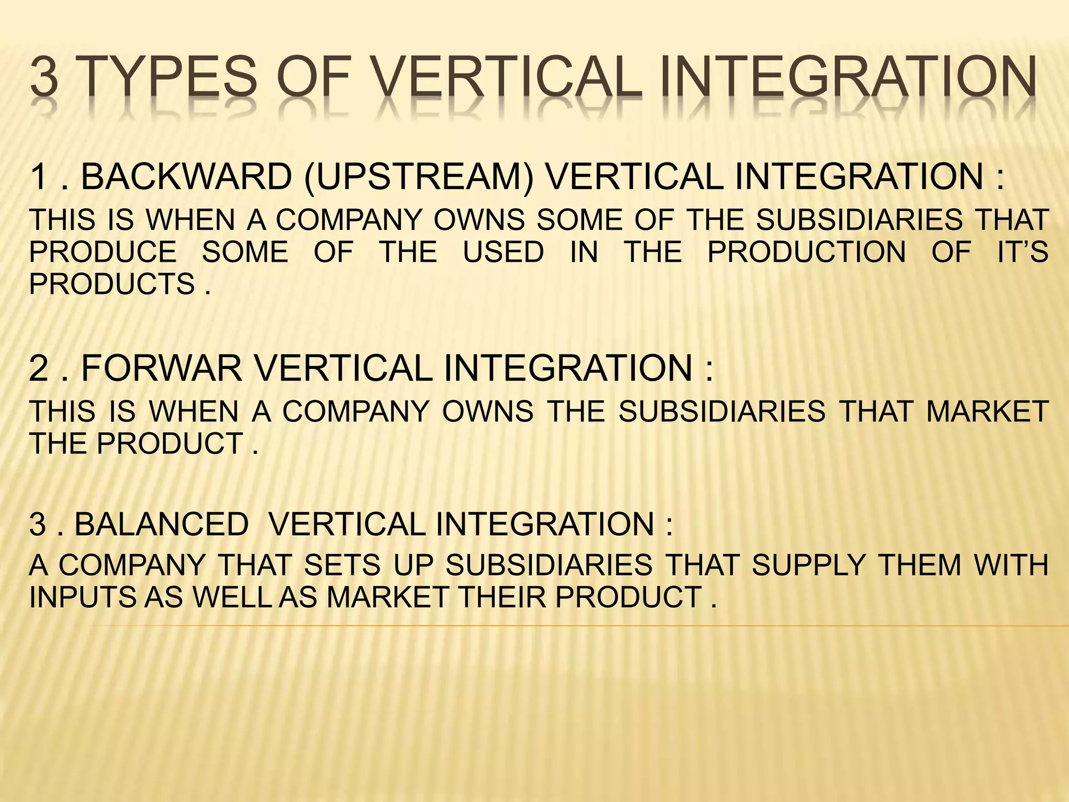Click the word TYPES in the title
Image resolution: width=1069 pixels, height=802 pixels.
[169, 78]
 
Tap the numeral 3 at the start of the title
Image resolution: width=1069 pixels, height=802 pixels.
[44, 78]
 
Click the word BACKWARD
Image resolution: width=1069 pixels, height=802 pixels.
[186, 176]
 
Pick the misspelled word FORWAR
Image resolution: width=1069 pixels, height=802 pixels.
[162, 368]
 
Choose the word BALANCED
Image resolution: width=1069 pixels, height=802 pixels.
[162, 524]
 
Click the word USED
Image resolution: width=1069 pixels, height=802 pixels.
[504, 252]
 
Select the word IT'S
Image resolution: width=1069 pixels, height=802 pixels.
[1023, 252]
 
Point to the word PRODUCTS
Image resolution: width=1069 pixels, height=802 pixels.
[112, 285]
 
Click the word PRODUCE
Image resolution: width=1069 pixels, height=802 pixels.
[103, 252]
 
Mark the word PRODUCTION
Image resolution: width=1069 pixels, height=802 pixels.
[806, 252]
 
